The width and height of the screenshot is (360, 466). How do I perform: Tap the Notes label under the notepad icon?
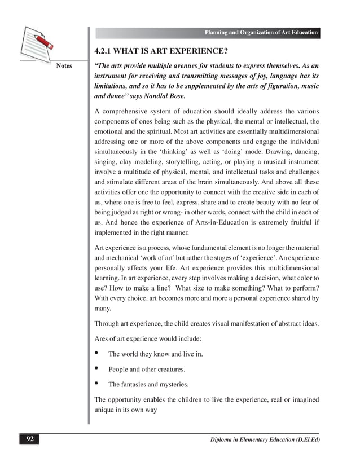tap(64, 66)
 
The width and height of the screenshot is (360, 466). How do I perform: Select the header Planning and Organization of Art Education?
tap(261, 33)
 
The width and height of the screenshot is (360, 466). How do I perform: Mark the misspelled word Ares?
tap(103, 339)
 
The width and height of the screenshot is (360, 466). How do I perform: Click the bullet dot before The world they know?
tap(97, 354)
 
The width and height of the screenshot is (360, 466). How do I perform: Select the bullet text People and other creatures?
tap(147, 370)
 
